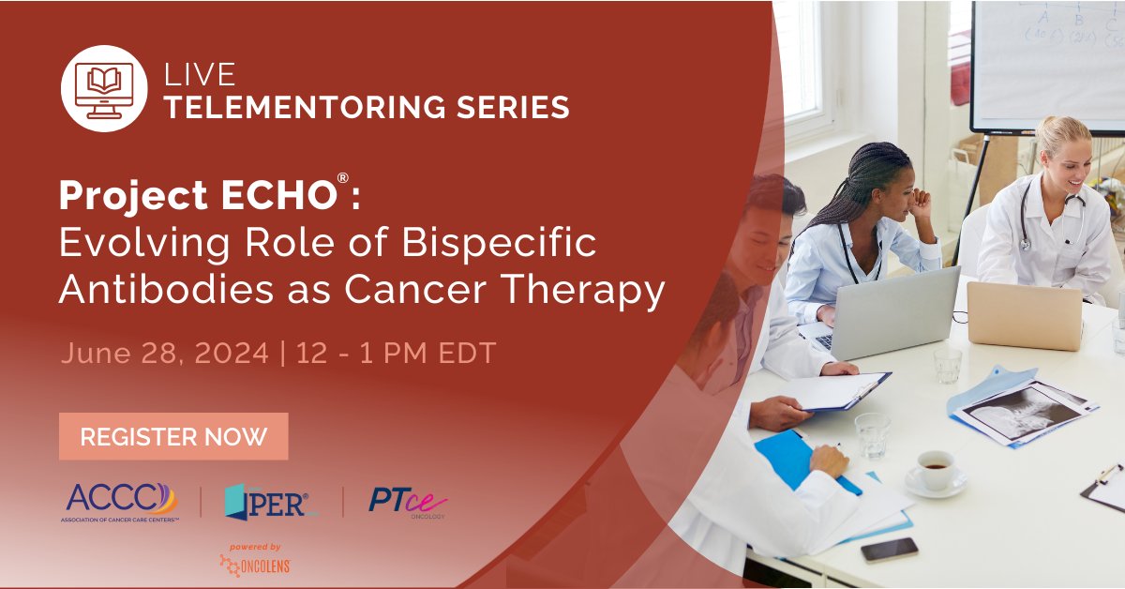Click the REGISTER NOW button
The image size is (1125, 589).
point(173,436)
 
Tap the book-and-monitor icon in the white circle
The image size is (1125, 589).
point(104,90)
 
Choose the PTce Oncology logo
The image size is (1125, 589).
point(407,502)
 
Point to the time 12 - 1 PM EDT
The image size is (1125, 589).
point(396,354)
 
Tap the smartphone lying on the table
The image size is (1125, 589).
point(888,550)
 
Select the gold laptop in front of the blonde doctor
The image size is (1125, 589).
point(1024,316)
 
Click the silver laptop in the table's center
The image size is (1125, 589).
point(894,312)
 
